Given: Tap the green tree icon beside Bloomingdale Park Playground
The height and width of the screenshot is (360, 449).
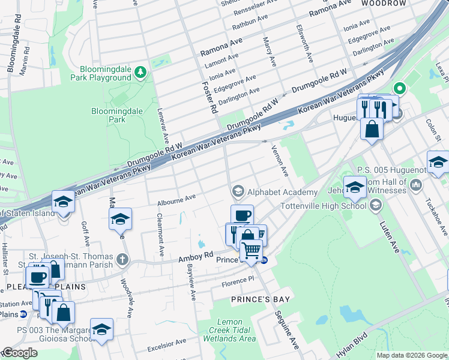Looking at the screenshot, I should click(x=140, y=73).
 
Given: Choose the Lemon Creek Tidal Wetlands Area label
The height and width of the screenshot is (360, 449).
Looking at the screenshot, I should click(x=231, y=331).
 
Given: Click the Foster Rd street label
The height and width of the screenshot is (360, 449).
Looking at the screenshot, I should click(x=209, y=98).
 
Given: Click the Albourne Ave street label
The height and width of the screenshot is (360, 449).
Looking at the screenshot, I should click(x=176, y=198).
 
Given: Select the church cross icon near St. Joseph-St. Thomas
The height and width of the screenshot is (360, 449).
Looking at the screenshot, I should click(x=122, y=260).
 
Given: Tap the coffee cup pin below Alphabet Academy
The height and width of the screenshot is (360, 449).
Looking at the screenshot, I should click(x=242, y=214).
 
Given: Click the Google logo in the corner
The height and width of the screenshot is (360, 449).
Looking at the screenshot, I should click(x=20, y=353).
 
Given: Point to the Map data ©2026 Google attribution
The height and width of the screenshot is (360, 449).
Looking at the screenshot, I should click(x=412, y=355).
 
